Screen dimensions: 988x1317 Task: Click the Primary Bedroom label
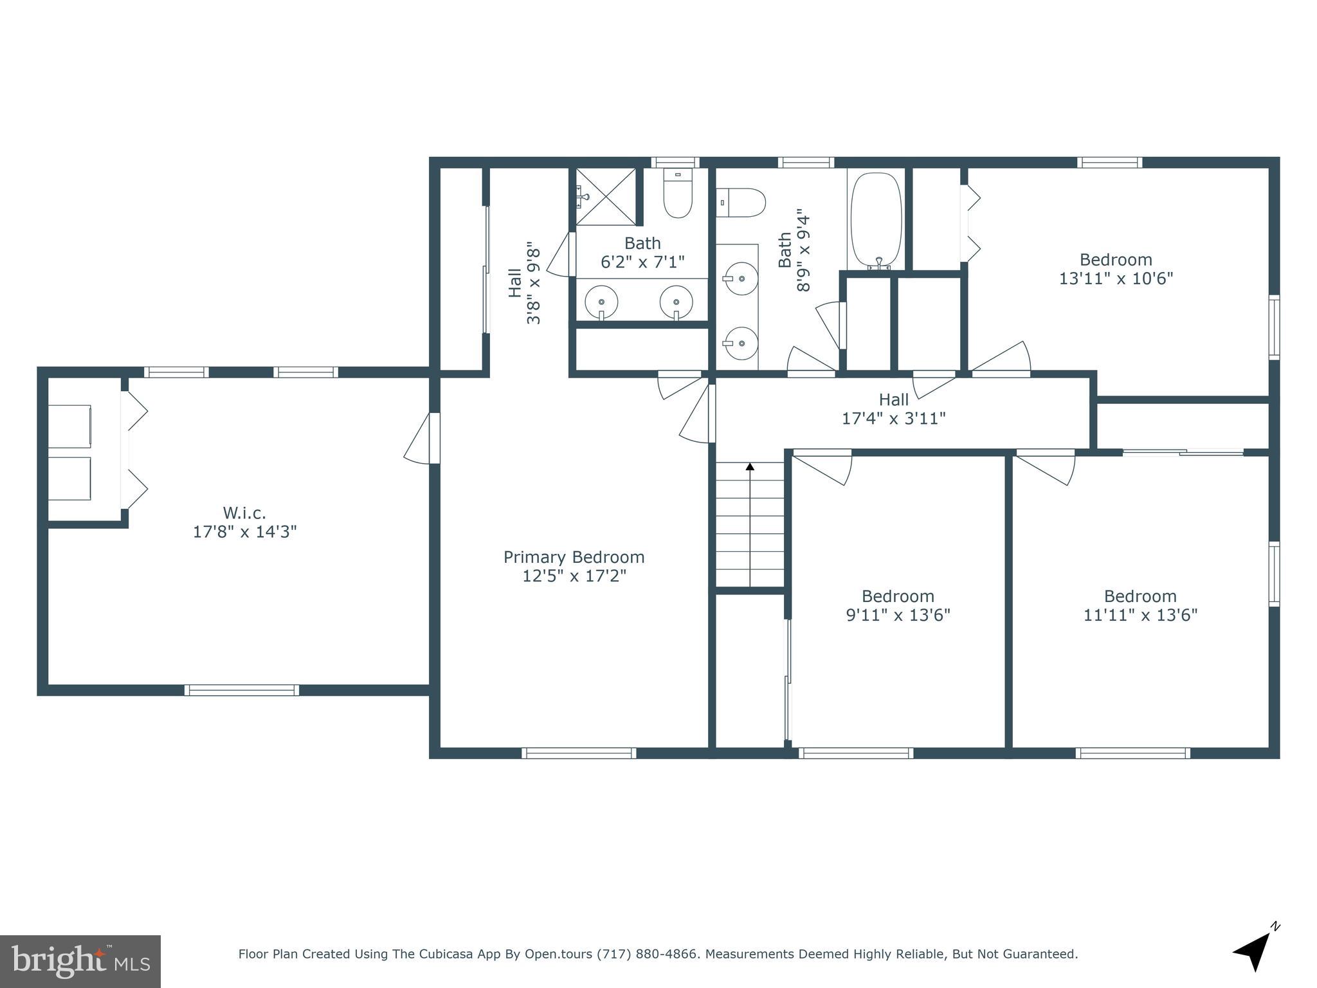[x=574, y=557]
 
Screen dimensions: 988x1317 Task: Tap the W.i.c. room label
[x=244, y=513]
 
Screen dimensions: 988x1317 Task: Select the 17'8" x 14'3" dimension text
[x=244, y=532]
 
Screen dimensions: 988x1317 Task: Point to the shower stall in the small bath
[x=604, y=196]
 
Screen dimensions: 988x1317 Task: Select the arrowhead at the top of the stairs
[x=750, y=466]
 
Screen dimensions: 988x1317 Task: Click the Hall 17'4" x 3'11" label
[x=894, y=409]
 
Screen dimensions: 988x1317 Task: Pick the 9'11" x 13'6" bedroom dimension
[x=898, y=616]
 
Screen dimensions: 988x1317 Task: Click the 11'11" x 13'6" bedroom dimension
[x=1140, y=616]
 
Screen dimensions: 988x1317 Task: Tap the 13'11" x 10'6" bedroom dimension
[x=1116, y=279]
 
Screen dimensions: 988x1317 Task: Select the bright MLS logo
[x=80, y=962]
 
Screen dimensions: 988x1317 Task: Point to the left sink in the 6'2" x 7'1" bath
[x=601, y=302]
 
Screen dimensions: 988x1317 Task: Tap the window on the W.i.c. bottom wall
[x=242, y=690]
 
